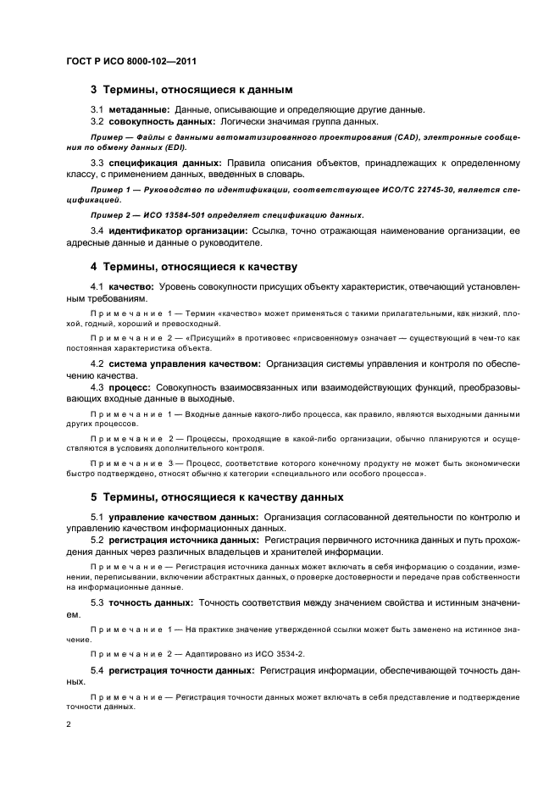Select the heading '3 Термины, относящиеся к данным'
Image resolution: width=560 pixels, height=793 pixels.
[191, 88]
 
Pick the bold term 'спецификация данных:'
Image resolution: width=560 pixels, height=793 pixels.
[164, 161]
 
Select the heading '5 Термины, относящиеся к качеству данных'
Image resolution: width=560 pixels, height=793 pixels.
[217, 496]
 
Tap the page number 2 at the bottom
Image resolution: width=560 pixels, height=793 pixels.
[69, 724]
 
